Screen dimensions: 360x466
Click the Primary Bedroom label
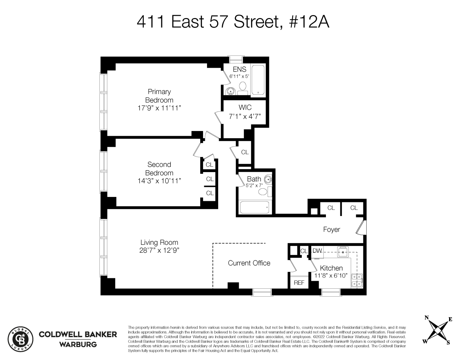(159, 96)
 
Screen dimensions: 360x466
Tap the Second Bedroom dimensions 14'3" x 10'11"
(159, 181)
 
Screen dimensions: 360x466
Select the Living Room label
(159, 243)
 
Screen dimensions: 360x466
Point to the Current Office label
(249, 263)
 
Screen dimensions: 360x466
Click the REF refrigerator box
(299, 283)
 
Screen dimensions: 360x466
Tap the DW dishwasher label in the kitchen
(317, 251)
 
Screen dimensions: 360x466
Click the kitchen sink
(343, 251)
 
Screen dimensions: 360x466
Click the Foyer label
(331, 230)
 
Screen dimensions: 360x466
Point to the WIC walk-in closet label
(245, 108)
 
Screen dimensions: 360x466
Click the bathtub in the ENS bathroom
(258, 80)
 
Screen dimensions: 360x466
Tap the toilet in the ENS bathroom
(243, 87)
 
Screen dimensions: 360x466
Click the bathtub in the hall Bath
(254, 208)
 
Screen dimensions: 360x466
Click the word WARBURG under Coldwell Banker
(78, 345)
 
